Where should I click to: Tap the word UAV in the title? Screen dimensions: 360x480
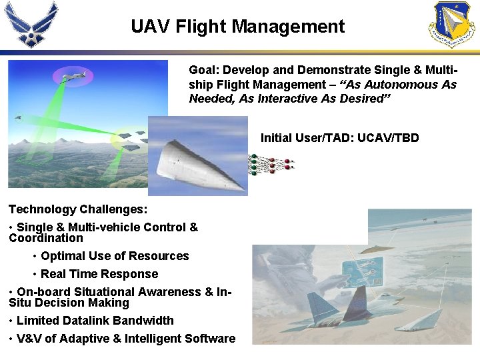tap(148, 27)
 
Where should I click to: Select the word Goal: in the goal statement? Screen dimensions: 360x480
tap(203, 70)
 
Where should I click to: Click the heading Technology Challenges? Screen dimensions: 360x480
tap(78, 209)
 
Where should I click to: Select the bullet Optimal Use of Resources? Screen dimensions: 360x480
tap(115, 256)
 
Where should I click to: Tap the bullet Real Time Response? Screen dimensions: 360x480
tap(99, 274)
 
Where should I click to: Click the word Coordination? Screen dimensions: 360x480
tap(46, 238)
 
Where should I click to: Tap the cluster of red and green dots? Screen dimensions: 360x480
tap(270, 164)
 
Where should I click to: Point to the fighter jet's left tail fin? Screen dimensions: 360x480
tap(357, 299)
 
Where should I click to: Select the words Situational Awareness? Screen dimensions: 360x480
tap(137, 292)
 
